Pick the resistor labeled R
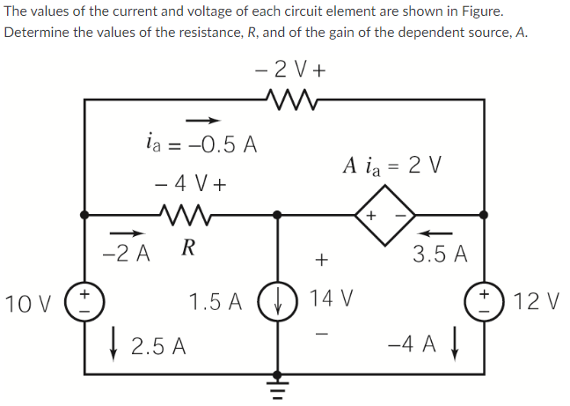186,214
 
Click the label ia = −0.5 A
201,144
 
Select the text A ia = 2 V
392,165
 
